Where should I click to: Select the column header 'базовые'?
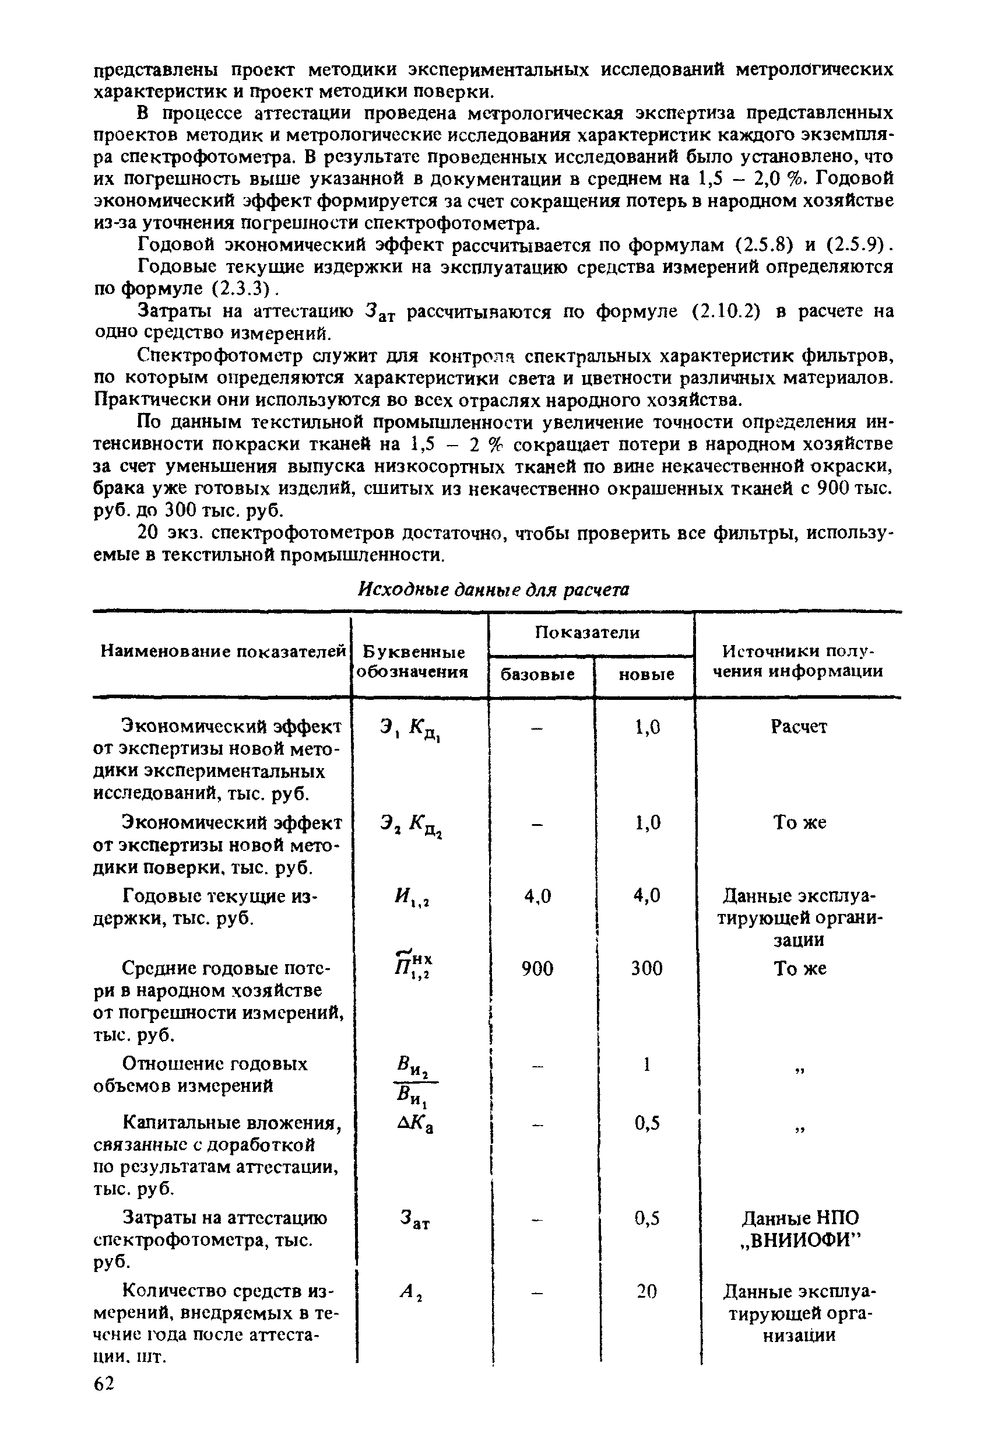click(538, 674)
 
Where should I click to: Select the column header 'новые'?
click(646, 674)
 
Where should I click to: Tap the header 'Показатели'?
click(588, 633)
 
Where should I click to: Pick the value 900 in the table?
click(537, 969)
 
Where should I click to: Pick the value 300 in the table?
click(646, 969)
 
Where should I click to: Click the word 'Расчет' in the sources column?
click(799, 727)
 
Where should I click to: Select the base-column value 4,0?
click(537, 896)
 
